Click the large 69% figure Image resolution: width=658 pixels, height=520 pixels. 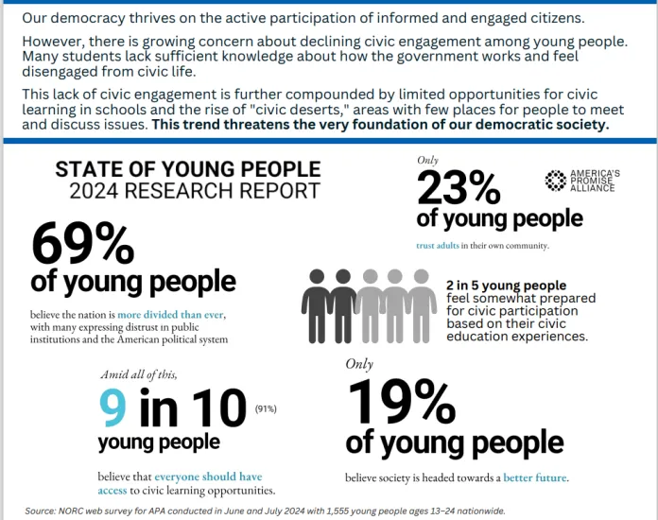[x=83, y=243]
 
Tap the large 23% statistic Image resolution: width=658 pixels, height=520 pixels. [x=459, y=189]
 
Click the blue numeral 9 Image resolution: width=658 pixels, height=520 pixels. [x=113, y=407]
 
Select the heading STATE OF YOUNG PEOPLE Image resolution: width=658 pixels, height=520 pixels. [x=188, y=169]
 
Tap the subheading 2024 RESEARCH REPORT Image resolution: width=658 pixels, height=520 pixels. [x=194, y=191]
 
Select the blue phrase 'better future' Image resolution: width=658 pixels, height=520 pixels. [x=535, y=478]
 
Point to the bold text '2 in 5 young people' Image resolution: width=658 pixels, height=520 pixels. [x=507, y=285]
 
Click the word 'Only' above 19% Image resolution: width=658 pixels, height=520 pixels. [x=359, y=363]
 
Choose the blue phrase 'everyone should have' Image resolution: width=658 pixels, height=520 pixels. [x=208, y=477]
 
